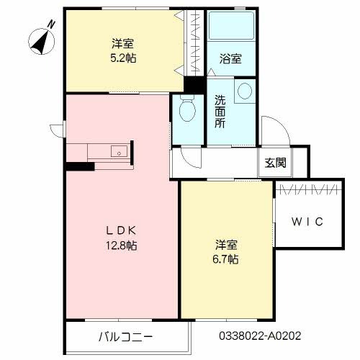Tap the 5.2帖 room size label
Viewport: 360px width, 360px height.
point(120,58)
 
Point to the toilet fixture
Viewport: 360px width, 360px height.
point(186,110)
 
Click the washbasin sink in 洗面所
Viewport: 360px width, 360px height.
point(245,91)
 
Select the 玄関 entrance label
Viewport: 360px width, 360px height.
point(274,163)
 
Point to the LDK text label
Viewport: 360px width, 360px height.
point(120,230)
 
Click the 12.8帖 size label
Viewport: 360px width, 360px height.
point(120,246)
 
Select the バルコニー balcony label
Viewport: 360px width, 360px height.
point(125,336)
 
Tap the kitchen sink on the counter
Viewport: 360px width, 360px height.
point(119,151)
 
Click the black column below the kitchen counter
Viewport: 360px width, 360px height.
point(79,167)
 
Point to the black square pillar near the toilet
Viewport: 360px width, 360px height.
point(192,84)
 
